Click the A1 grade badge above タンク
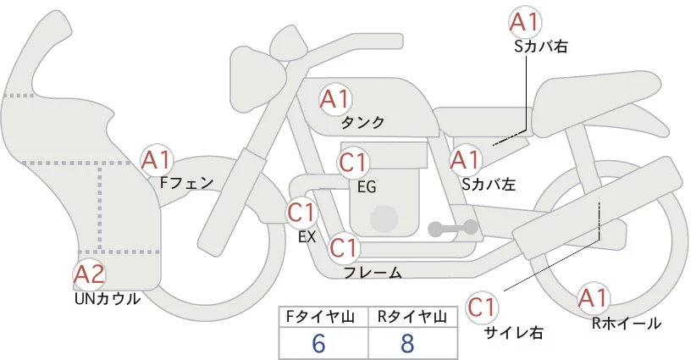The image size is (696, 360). pyautogui.click(x=335, y=100)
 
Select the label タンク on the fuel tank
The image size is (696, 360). pyautogui.click(x=362, y=123)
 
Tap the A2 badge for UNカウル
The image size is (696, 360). pyautogui.click(x=89, y=275)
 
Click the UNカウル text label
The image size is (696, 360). pyautogui.click(x=108, y=299)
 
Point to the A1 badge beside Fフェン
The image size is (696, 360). pyautogui.click(x=156, y=160)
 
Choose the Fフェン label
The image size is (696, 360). pyautogui.click(x=187, y=182)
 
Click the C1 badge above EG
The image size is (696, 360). pyautogui.click(x=353, y=163)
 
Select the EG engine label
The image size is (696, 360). pyautogui.click(x=367, y=187)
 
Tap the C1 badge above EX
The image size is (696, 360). pyautogui.click(x=301, y=213)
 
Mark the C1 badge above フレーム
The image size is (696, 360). pyautogui.click(x=344, y=247)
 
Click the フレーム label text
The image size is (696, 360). pyautogui.click(x=373, y=273)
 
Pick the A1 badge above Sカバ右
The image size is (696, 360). pyautogui.click(x=525, y=22)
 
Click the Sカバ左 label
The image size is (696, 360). pyautogui.click(x=489, y=184)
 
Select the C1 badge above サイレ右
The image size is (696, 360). pyautogui.click(x=483, y=307)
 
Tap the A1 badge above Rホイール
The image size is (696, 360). pyautogui.click(x=593, y=298)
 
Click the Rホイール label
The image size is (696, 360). pyautogui.click(x=627, y=324)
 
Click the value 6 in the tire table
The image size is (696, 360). pyautogui.click(x=318, y=344)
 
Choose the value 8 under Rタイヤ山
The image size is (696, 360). pyautogui.click(x=407, y=344)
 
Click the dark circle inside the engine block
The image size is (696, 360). pyautogui.click(x=384, y=219)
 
